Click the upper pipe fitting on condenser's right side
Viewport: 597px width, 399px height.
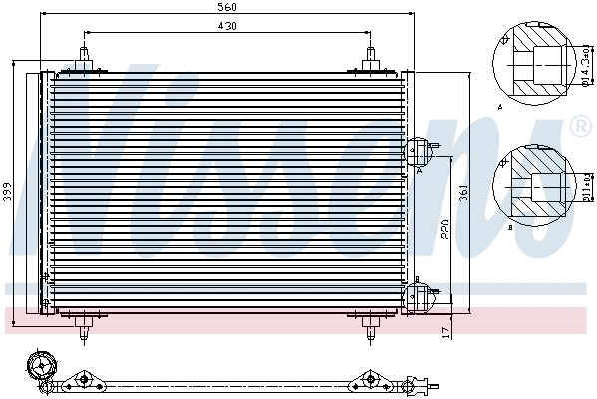[x=418, y=153]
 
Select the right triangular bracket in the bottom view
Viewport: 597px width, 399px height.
[x=370, y=380]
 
